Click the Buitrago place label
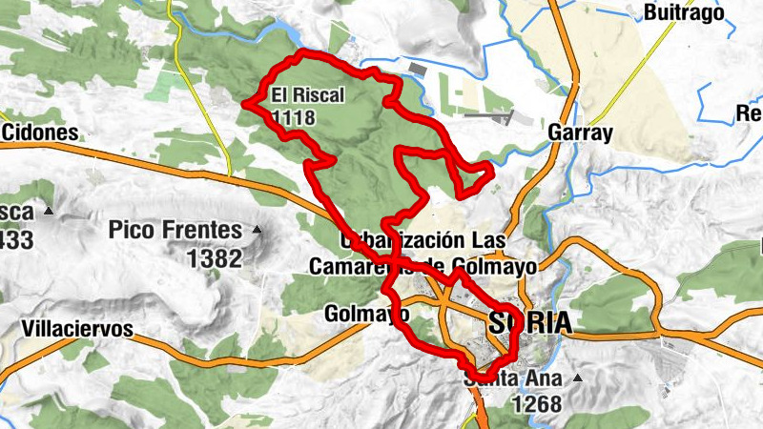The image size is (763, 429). (x=684, y=12)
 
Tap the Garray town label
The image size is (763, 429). (x=580, y=133)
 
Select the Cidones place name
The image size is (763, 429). (x=39, y=131)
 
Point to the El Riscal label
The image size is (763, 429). (x=307, y=95)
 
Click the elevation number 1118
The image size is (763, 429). (x=294, y=117)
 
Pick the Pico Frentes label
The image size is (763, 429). (x=175, y=230)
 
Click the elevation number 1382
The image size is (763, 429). (x=216, y=256)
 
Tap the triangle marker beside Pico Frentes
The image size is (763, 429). (x=256, y=230)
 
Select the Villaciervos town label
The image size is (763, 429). (x=76, y=330)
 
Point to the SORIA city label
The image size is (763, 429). (x=529, y=322)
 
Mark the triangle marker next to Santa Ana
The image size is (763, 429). (x=577, y=378)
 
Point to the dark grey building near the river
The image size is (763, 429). (x=416, y=69)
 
